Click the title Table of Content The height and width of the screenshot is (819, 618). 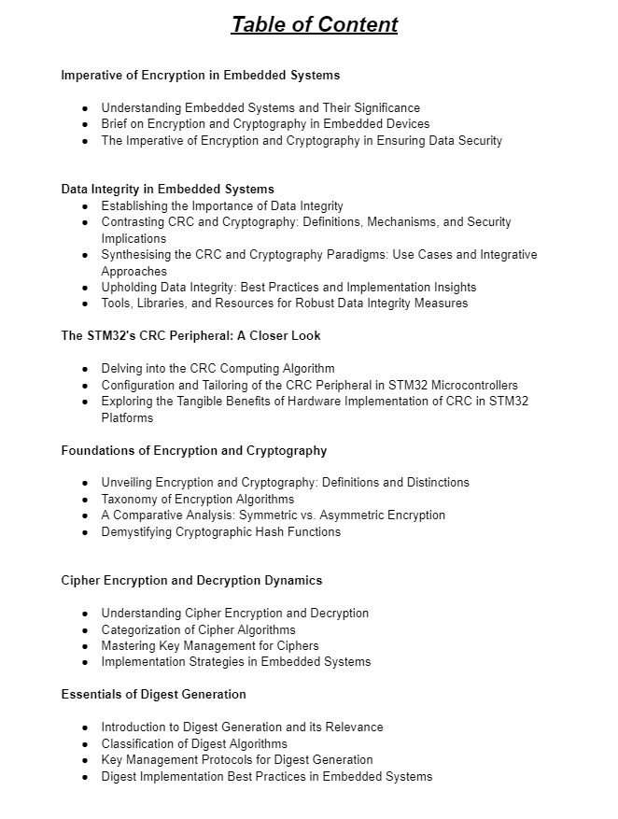[315, 24]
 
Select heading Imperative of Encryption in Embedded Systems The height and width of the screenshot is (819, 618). [201, 75]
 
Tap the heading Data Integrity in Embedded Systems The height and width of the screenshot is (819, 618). [168, 189]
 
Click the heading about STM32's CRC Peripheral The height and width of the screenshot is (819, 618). [191, 335]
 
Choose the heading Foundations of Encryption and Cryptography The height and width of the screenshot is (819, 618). [194, 450]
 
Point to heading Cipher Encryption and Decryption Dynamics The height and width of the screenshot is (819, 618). [191, 580]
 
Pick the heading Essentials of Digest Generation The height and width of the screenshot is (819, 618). [154, 694]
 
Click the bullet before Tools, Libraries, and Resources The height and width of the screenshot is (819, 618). [85, 304]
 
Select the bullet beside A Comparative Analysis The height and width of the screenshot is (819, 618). [85, 515]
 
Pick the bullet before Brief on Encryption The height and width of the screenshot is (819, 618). [85, 124]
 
